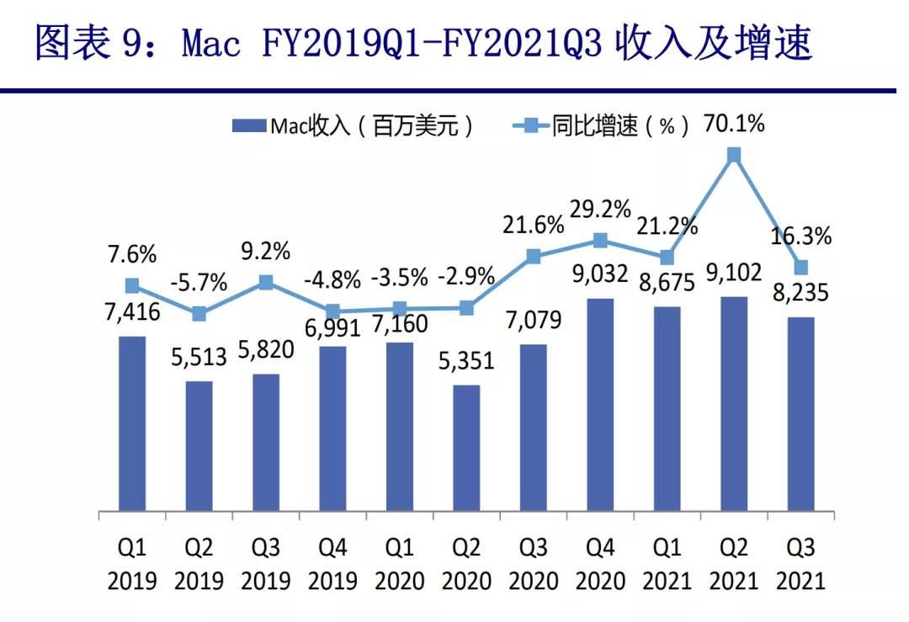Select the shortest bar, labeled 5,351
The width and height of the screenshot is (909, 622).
[x=466, y=448]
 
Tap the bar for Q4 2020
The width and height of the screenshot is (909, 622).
[x=600, y=404]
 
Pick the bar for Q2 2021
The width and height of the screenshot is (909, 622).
[x=734, y=403]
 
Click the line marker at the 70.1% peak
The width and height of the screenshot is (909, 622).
[x=734, y=155]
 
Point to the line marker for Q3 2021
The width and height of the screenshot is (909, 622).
[x=801, y=268]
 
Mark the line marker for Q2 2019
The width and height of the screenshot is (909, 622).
[x=199, y=314]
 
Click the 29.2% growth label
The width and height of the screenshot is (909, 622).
[x=600, y=209]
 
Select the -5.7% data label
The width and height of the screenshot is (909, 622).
[x=199, y=284]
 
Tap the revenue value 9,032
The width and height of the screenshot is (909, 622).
[x=600, y=274]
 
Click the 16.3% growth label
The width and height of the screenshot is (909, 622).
[x=801, y=237]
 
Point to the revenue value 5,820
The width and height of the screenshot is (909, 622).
[x=266, y=349]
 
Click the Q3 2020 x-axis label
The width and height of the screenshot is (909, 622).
[x=534, y=564]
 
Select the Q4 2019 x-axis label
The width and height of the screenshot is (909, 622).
[x=332, y=564]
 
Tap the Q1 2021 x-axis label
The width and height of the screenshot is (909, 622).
[x=667, y=564]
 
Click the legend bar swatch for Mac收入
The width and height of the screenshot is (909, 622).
[x=249, y=127]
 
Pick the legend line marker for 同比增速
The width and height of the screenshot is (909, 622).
[x=530, y=127]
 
